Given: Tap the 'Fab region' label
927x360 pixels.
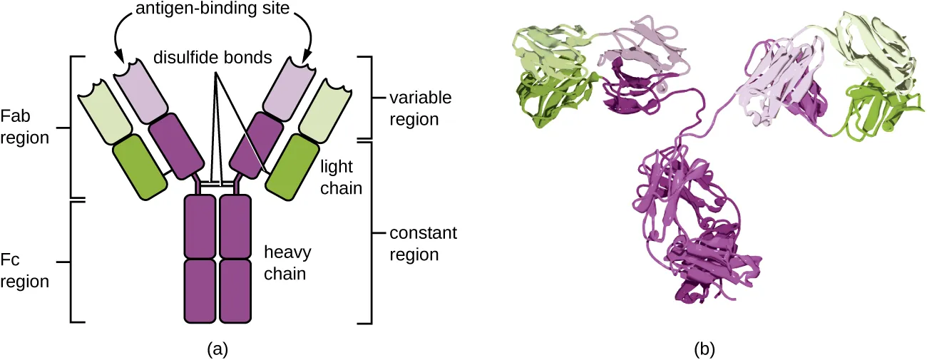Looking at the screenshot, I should coord(25,126).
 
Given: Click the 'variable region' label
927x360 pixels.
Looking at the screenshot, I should coord(414,108).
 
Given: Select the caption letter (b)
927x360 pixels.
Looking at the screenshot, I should coord(704,349).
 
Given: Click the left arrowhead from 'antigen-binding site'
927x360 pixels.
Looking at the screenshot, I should coord(119,56).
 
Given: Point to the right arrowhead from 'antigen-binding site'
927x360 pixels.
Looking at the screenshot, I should coord(309,56).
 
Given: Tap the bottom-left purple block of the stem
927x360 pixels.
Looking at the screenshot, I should coord(200,291).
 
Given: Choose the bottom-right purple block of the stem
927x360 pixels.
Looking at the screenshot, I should coord(235,291).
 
